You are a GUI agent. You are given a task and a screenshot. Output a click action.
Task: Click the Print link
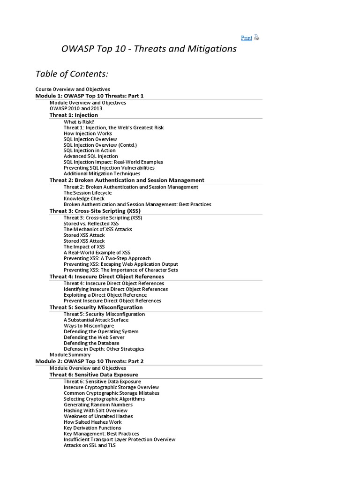246,38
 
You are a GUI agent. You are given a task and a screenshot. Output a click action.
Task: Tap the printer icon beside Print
256,38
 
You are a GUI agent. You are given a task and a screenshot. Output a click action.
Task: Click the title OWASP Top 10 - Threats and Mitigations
150,49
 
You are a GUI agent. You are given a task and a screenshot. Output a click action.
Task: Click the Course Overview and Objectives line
73,89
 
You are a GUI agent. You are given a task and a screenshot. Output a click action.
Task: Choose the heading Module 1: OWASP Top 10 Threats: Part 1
90,96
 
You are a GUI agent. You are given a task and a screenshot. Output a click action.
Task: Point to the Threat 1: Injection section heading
74,115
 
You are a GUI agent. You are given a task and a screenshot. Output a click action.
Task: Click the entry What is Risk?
79,122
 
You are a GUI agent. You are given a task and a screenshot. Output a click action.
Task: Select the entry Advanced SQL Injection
91,156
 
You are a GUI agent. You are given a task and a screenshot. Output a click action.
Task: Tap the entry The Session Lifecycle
88,193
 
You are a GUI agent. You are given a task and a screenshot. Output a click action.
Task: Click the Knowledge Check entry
84,198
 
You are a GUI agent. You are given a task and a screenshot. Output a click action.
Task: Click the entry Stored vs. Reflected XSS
91,224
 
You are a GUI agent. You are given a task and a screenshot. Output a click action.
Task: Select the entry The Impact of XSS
84,247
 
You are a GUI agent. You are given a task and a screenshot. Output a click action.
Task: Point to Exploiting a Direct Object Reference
105,295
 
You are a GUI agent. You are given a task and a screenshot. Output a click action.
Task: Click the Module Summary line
70,355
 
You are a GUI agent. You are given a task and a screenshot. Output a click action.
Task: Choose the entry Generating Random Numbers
98,405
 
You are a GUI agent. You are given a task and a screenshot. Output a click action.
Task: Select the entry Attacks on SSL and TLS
90,445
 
